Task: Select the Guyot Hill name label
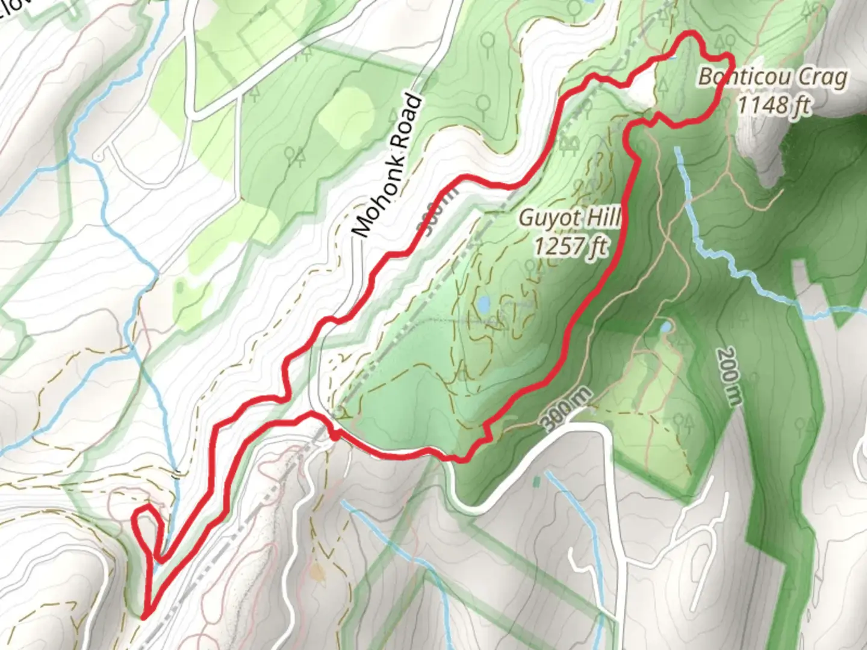tap(569, 217)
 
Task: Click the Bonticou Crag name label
tap(773, 77)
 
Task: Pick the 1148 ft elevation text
tap(773, 105)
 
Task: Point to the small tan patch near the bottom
tap(317, 571)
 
